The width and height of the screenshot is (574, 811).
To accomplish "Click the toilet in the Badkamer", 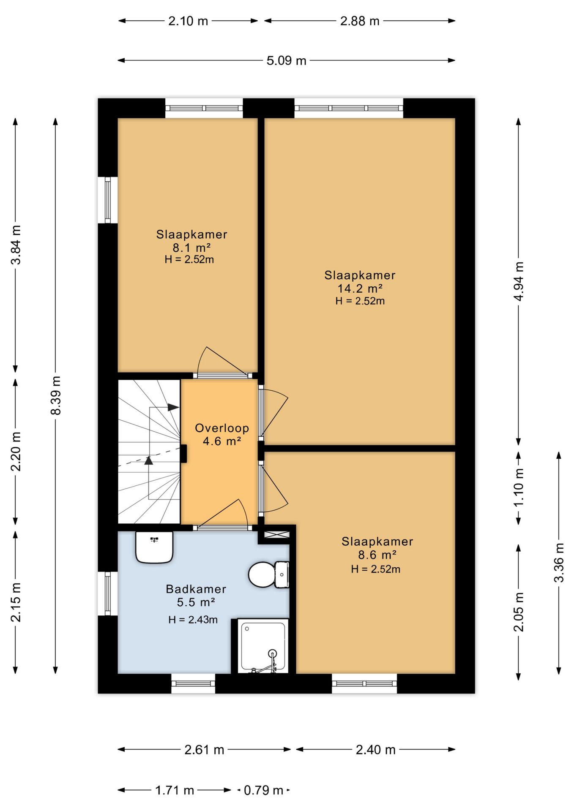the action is (x=269, y=574).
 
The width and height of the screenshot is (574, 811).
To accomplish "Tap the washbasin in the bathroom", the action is (x=154, y=547).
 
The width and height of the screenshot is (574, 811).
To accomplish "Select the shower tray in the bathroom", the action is (x=263, y=646).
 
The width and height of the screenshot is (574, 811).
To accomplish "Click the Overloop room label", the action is (x=222, y=428).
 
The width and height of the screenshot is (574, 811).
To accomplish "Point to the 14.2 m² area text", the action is (x=360, y=288).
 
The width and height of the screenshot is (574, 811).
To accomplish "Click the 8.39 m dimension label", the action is (x=56, y=395).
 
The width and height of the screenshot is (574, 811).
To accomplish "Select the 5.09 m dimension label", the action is (x=286, y=60).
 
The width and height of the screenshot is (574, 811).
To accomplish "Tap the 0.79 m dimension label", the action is (x=263, y=790).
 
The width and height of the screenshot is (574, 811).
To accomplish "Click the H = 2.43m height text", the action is (x=193, y=620).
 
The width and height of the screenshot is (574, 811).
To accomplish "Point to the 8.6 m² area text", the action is (x=377, y=555).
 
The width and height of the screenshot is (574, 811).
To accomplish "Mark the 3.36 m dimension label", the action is (x=559, y=563).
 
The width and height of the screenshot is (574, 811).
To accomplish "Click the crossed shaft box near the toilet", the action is (x=277, y=534).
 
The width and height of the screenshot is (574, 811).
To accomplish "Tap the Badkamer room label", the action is (x=196, y=589).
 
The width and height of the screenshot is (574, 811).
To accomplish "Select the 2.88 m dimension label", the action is (x=360, y=21).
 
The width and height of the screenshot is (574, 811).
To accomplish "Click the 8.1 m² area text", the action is (x=191, y=248).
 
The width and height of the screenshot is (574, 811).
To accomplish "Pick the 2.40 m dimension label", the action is (x=375, y=749).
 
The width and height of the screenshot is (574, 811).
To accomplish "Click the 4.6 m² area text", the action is (x=222, y=441).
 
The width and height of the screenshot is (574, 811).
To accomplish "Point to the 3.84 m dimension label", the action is (x=16, y=245).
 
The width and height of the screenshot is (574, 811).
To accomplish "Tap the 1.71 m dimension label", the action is (x=175, y=790).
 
